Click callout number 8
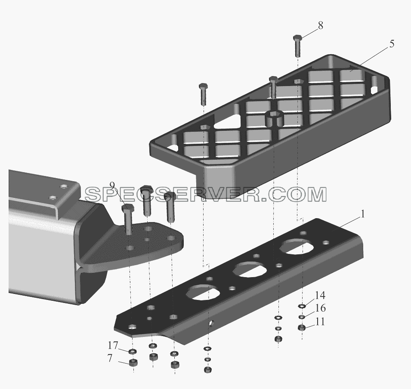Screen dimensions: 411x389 (320, 26)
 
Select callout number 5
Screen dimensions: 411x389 (392, 44)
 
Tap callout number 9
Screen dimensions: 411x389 (112, 185)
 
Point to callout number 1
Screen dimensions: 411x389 (363, 214)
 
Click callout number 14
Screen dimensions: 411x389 (320, 295)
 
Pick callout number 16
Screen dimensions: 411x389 (320, 308)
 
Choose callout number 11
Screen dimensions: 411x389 (320, 321)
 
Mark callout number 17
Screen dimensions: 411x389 (113, 346)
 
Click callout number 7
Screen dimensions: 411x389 (110, 358)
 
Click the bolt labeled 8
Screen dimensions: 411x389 (297, 46)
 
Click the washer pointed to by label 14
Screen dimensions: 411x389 (302, 306)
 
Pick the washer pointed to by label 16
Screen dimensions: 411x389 (302, 317)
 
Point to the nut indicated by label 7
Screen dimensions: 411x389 (133, 362)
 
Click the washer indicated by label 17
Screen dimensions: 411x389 (133, 351)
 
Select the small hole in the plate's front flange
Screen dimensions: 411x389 (211, 323)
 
